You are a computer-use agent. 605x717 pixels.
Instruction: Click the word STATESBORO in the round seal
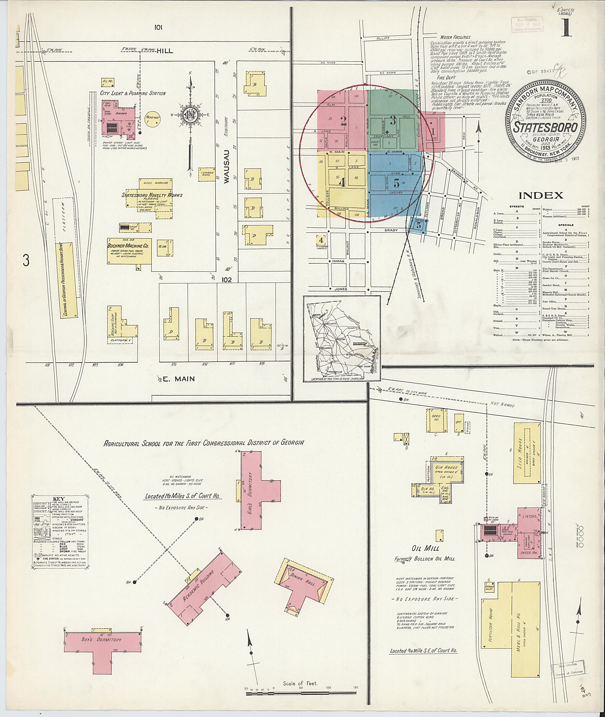545,127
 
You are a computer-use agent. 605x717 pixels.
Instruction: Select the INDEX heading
541,196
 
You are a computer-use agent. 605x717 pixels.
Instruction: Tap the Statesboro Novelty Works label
152,195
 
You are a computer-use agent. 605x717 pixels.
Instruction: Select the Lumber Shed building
206,174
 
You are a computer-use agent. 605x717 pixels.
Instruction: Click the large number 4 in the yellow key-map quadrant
342,183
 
